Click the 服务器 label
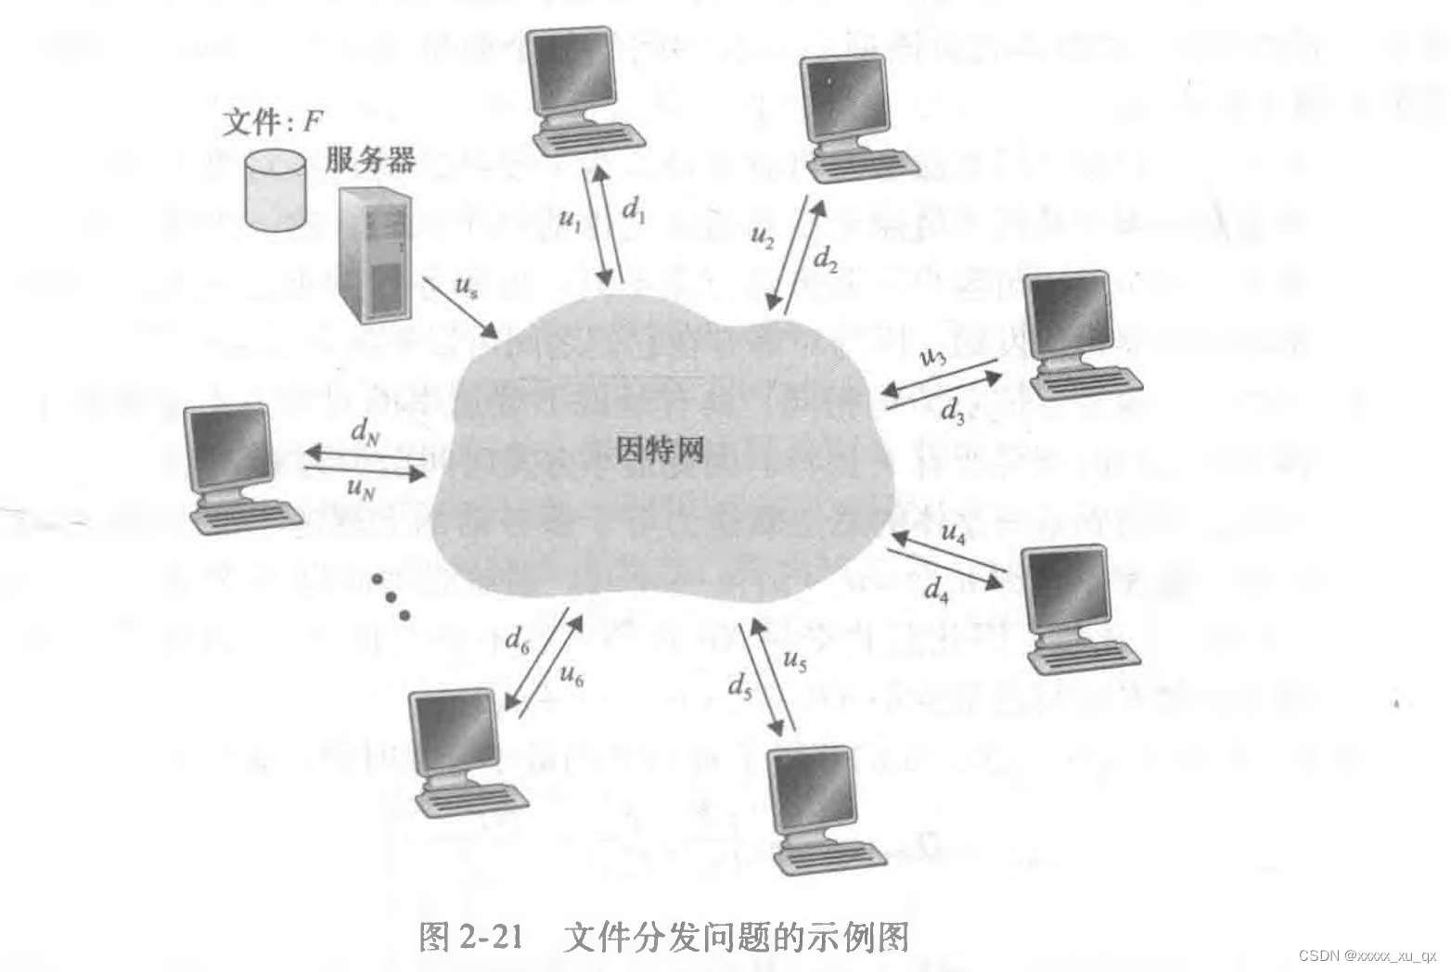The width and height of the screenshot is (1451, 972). click(370, 160)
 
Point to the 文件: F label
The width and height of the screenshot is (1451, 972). click(271, 121)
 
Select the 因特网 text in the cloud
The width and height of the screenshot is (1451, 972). click(661, 450)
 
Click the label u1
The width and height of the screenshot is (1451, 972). click(571, 220)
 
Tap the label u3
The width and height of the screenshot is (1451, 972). click(931, 356)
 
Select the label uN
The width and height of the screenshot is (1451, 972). click(360, 488)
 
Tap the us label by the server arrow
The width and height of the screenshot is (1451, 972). click(467, 286)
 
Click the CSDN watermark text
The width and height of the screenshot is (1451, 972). click(1366, 955)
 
